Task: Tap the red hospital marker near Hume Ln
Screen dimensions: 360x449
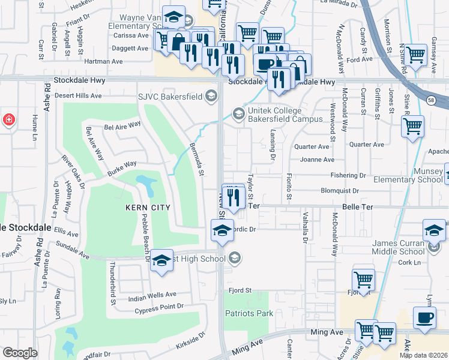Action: [8, 119]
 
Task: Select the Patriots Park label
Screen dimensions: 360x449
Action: [249, 313]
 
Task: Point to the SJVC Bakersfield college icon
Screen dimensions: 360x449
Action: [211, 95]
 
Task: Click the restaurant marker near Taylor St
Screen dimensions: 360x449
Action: [234, 196]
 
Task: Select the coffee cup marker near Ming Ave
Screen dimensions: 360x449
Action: [425, 318]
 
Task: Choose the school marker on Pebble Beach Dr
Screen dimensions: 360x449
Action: [161, 261]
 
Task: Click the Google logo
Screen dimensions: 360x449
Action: [20, 353]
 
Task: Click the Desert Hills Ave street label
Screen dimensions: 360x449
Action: [78, 95]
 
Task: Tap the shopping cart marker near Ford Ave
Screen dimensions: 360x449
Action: [415, 55]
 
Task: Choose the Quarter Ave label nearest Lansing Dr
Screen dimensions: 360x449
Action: [312, 146]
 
